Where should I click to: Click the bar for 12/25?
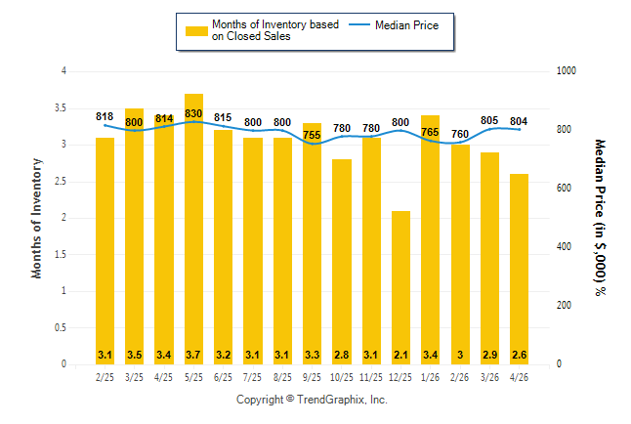pos(400,287)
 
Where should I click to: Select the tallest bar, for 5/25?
pos(194,230)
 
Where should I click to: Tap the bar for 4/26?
pos(519,269)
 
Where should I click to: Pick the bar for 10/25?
pos(342,262)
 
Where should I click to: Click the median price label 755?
pos(312,135)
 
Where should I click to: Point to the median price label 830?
pos(193,113)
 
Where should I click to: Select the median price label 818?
pos(105,116)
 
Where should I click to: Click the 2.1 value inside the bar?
pos(400,355)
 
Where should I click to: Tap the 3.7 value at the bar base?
pos(193,355)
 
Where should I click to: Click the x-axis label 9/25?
pos(312,377)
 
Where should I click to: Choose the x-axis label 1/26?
pos(430,377)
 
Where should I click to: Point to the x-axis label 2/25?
pos(105,377)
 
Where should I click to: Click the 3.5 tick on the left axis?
pos(61,107)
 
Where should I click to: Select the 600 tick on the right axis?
pos(564,188)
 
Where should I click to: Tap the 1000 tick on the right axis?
pos(567,71)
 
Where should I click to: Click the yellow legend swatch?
pos(196,31)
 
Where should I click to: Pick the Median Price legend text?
pos(407,25)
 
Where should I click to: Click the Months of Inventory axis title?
pos(36,218)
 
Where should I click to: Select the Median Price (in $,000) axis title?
pos(600,218)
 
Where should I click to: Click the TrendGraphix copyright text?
pos(312,400)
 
